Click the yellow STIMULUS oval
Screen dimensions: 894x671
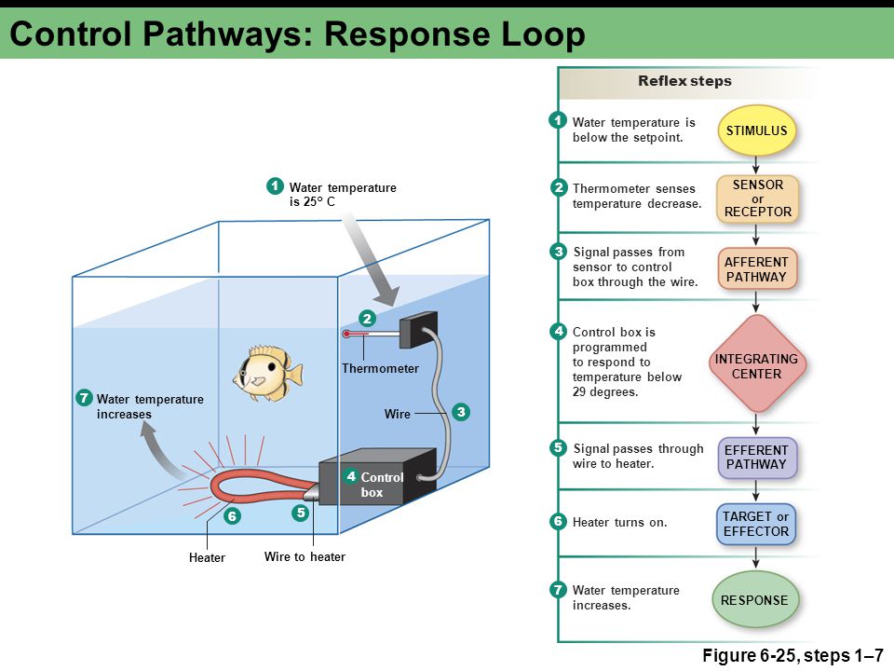[756, 130]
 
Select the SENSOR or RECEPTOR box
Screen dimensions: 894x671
[757, 199]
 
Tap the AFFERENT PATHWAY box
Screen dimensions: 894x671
[756, 269]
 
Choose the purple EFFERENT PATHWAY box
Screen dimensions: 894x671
[756, 458]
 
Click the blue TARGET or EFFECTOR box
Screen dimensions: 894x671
[756, 524]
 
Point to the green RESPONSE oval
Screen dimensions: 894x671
[755, 600]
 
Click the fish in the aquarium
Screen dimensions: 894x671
[268, 373]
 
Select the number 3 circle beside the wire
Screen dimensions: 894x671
[461, 411]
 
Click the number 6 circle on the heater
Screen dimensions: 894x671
[232, 516]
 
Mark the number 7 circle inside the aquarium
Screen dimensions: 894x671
[85, 397]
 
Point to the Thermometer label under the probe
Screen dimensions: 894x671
[380, 369]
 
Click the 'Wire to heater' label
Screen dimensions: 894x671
[305, 557]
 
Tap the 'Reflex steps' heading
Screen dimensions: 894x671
[684, 81]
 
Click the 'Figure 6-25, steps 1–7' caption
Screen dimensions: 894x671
[792, 655]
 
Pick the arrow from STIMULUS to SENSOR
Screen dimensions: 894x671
[756, 165]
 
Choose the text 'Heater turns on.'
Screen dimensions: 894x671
[620, 522]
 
